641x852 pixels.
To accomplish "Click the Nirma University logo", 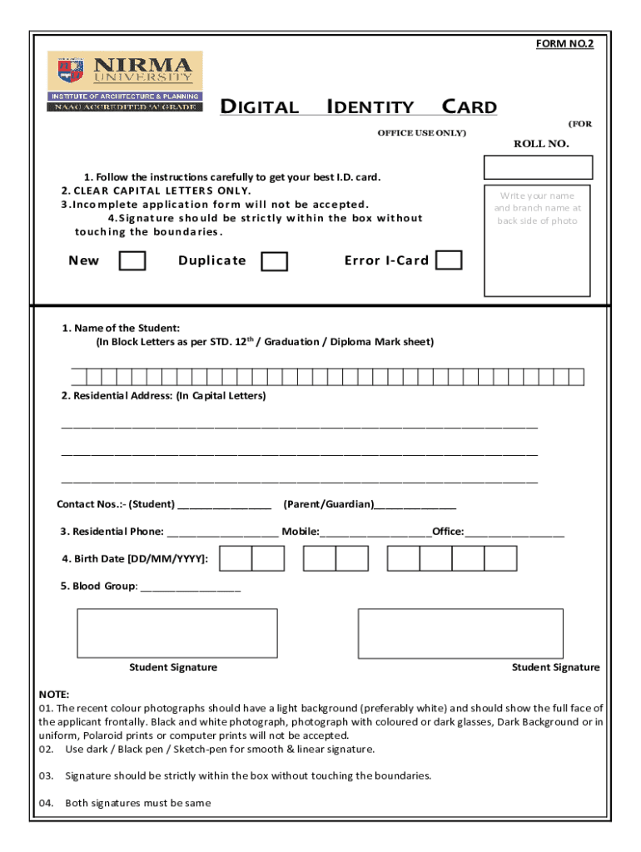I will coord(124,82).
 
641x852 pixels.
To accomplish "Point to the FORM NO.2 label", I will coord(564,44).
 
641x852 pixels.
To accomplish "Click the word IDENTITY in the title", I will coord(370,107).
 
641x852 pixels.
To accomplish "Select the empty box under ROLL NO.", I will coord(538,167).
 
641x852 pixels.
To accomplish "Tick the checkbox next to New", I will coord(132,261).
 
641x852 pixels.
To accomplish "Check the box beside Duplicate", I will coord(274,261).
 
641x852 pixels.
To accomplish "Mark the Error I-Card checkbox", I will coord(450,260).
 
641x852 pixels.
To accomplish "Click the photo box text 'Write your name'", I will coord(538,196).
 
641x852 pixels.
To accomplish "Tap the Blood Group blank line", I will coord(191,587).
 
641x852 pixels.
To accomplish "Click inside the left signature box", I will coord(176,633).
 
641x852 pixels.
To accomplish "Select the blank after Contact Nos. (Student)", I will coord(224,505).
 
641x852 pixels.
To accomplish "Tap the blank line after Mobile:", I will coord(375,532).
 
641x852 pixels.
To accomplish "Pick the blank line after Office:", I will coord(514,532).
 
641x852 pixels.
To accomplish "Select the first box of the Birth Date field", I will coord(236,558).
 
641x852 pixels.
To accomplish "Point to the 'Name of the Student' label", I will coord(121,329).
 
